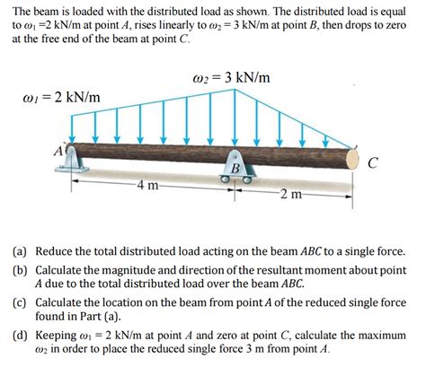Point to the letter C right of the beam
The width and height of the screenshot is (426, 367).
pos(372,163)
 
